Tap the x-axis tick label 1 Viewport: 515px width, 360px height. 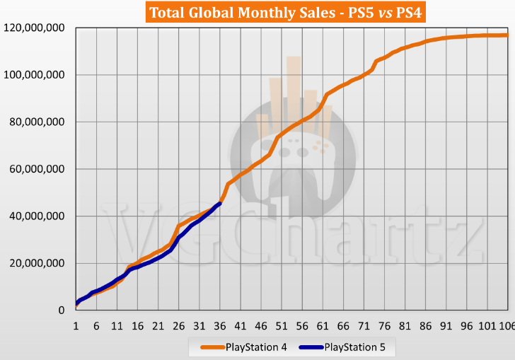click(x=76, y=326)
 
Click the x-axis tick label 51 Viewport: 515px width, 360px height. click(x=282, y=326)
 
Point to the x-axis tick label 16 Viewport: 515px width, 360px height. click(x=137, y=326)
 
